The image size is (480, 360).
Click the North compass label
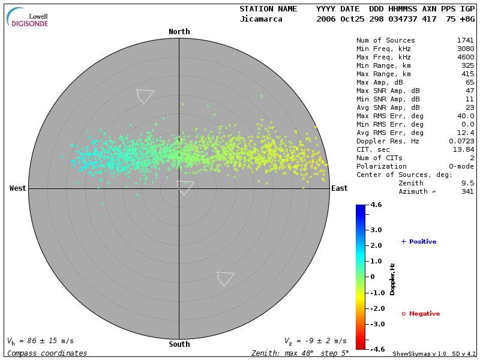pos(179,32)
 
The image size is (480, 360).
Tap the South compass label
pos(179,344)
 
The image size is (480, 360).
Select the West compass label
pos(18,188)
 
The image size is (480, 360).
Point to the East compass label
pos(339,188)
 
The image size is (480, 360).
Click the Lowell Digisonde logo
pos(28,17)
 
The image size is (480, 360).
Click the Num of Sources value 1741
pos(465,40)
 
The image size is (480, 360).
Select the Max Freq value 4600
pos(465,57)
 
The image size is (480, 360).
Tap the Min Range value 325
pos(467,65)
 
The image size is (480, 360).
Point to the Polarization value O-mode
pos(461,166)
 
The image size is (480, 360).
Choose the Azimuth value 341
pos(467,191)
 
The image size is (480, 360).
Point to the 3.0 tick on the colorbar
pos(376,230)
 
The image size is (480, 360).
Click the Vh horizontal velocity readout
pos(40,341)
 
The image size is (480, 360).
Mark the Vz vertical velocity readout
pos(315,341)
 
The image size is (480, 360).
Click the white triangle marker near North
pos(145,96)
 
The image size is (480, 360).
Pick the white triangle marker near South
pos(225,278)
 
